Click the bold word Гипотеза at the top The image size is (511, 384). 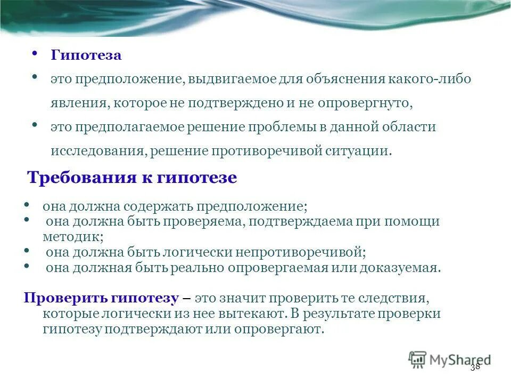coord(86,55)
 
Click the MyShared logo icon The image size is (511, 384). coord(418,359)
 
